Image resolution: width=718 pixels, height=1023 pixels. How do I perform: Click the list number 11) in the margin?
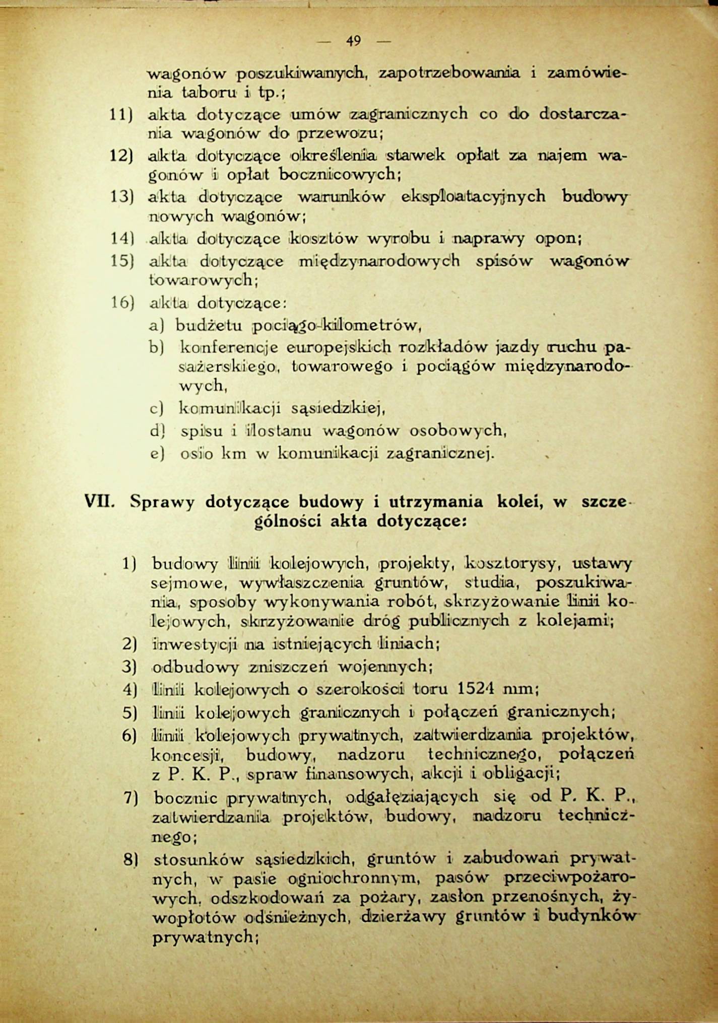tap(121, 114)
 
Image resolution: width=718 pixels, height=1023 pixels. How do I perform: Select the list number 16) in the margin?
tap(121, 303)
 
